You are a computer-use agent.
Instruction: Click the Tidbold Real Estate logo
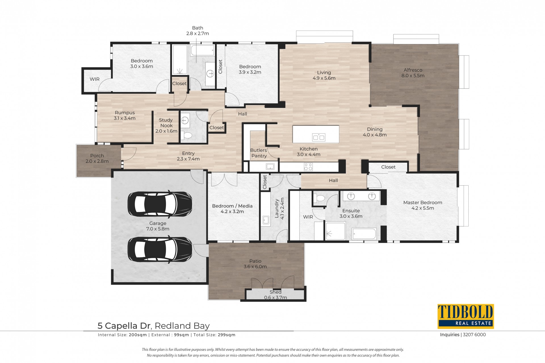pos(466,316)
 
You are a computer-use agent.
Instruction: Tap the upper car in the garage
pos(160,205)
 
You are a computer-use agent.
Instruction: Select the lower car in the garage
pos(160,249)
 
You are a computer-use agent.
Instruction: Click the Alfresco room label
pos(413,70)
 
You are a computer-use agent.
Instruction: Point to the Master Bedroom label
pos(423,202)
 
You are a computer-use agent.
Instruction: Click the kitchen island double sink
pos(318,137)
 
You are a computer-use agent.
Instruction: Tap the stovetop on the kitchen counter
pos(308,167)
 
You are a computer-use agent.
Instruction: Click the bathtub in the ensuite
pos(364,234)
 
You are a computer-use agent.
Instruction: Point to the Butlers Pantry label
pos(259,153)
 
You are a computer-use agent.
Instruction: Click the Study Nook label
pos(166,123)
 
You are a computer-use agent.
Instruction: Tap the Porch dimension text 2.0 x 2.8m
pos(97,161)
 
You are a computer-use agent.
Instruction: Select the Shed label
pos(275,292)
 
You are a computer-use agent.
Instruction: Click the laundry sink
pos(266,220)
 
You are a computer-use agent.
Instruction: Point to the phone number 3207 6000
pos(474,335)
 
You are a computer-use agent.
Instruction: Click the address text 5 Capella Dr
pos(124,326)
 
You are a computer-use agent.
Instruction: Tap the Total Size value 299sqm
pos(227,335)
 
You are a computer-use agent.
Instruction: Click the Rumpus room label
pos(125,112)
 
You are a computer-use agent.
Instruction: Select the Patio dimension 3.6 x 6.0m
pos(255,267)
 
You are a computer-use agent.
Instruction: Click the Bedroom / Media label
pos(232,206)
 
